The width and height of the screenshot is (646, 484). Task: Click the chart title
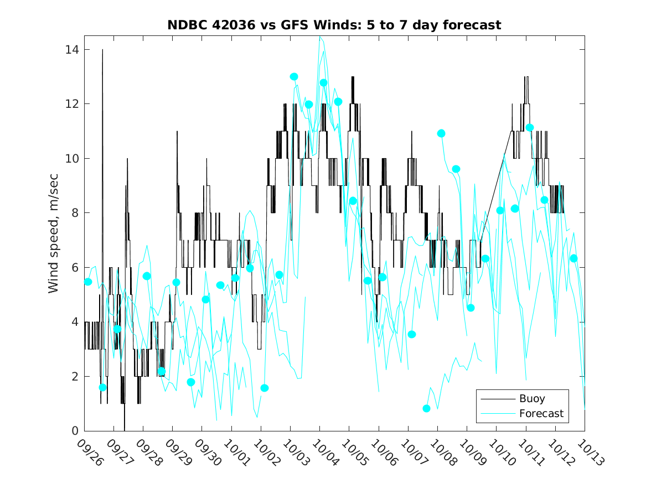click(x=334, y=25)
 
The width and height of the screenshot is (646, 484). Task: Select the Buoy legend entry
click(x=531, y=398)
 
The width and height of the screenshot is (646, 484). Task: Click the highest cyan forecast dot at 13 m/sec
click(x=294, y=77)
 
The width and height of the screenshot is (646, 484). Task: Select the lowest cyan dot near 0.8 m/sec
click(x=426, y=408)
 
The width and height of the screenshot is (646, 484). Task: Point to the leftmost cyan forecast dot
click(x=87, y=282)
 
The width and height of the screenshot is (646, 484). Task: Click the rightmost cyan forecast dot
click(x=573, y=258)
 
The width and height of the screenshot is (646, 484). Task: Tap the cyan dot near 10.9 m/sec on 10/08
click(x=441, y=133)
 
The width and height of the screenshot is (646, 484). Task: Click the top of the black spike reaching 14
click(x=102, y=50)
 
